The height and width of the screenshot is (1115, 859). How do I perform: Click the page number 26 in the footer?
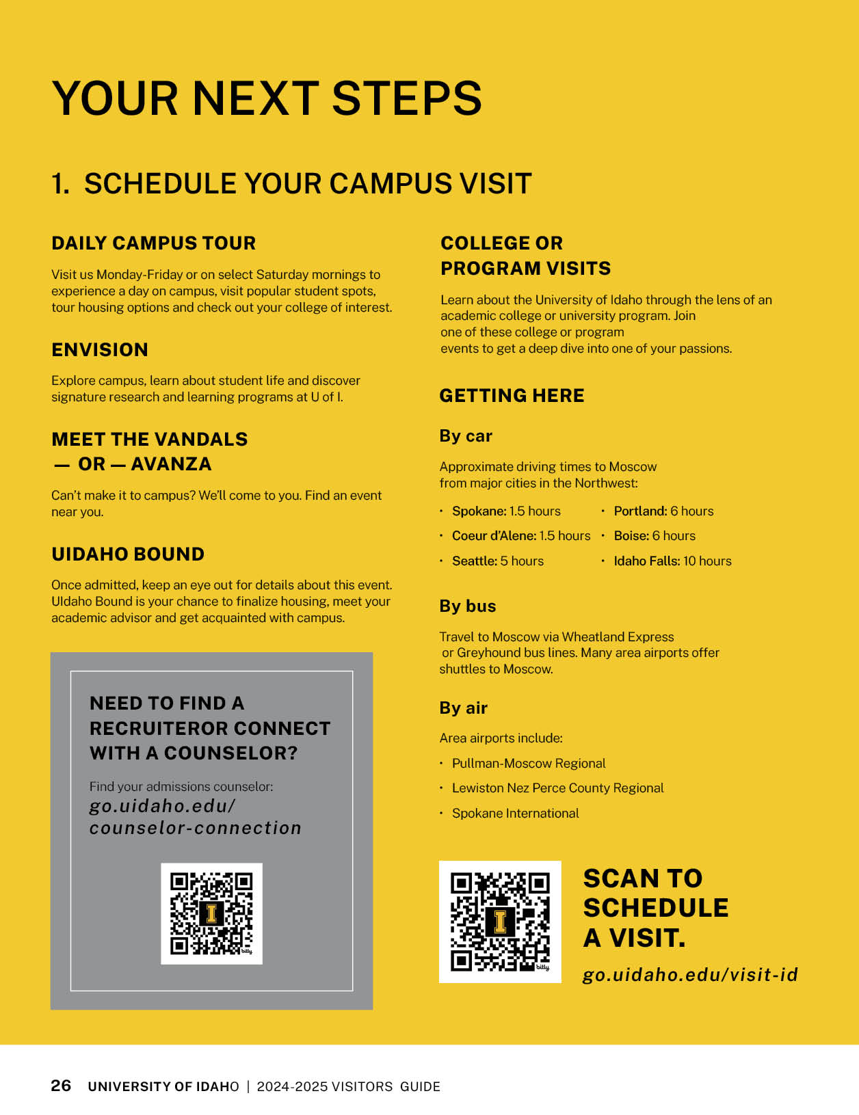point(61,1086)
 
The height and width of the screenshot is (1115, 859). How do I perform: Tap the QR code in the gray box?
point(211,913)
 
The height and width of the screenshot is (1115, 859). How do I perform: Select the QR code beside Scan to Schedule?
point(500,922)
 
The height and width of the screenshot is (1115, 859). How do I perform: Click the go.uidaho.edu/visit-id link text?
point(690,975)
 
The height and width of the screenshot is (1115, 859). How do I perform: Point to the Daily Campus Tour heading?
point(153,243)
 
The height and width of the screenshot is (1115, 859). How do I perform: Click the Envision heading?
point(100,350)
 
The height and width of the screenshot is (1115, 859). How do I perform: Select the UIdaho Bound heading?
point(128,554)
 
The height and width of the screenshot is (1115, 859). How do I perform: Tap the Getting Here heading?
point(512,396)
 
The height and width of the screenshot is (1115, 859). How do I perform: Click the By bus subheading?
point(468,606)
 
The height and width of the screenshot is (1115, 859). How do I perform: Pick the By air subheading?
point(463,708)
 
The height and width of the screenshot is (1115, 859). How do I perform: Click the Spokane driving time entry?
point(506,511)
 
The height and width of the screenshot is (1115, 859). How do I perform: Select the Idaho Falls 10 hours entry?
point(672,561)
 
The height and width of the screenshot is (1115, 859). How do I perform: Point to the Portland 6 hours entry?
point(663,511)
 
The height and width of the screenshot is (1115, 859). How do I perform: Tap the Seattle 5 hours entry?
point(497,561)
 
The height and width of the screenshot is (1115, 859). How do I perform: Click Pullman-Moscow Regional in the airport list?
point(529,764)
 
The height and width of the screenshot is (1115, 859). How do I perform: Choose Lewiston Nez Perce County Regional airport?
point(557,788)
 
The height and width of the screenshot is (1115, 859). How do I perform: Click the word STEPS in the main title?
point(407,98)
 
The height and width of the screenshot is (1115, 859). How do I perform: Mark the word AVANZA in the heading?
point(171,464)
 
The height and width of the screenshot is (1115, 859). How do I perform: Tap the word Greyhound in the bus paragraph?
point(484,653)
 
